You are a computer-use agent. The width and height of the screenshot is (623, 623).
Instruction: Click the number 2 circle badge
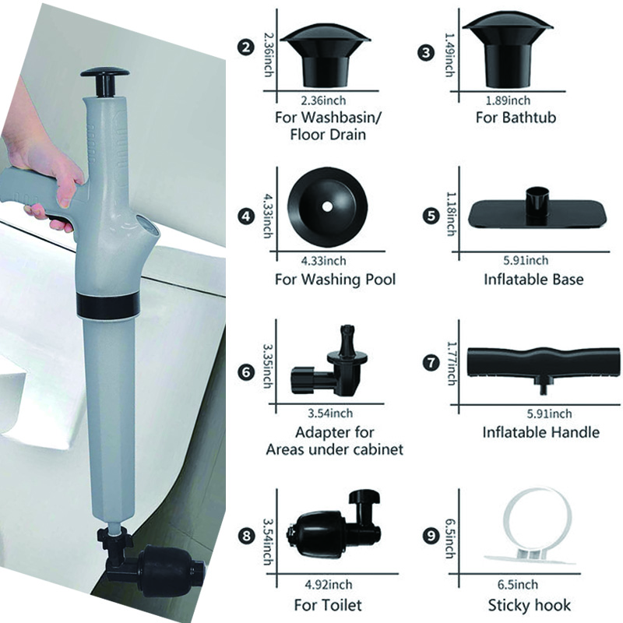pos(247,48)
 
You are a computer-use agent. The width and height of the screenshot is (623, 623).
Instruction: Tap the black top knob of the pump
pos(106,79)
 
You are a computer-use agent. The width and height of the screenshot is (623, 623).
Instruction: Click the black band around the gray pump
pos(108,304)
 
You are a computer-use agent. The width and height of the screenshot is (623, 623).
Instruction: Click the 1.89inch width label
pos(514,100)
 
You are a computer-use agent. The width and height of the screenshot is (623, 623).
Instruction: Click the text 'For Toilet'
pos(328,604)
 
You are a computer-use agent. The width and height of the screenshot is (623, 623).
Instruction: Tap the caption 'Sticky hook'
pos(530,604)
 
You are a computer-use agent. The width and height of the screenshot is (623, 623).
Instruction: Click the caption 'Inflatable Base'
pos(533,279)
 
